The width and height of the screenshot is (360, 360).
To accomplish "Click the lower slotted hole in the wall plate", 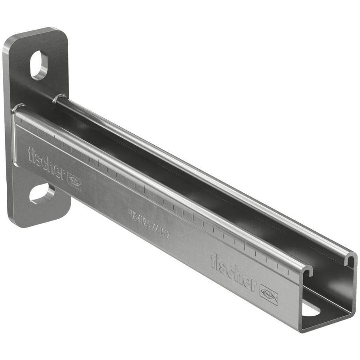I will click(x=42, y=194).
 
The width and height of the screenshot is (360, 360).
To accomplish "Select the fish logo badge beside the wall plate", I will click(x=75, y=182).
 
